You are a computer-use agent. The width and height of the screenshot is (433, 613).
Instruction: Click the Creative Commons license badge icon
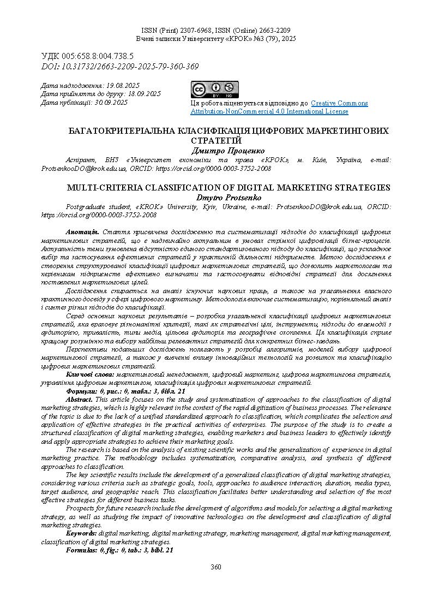coord(214,89)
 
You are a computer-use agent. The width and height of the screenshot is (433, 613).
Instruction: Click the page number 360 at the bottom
coord(216,567)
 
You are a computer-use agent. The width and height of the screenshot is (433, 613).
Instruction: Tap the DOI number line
coord(120,67)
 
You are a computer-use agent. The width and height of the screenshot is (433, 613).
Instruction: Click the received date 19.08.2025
coord(123,86)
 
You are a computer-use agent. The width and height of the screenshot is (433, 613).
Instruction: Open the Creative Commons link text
coord(339,103)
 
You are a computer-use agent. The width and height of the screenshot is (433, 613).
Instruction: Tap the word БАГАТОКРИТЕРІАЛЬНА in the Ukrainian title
coord(120,131)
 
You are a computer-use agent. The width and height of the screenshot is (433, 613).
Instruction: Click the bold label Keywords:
coord(81,532)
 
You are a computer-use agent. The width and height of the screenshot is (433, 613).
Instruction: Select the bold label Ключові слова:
coord(91,374)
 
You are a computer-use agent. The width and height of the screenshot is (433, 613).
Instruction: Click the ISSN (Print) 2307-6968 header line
coord(180,31)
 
